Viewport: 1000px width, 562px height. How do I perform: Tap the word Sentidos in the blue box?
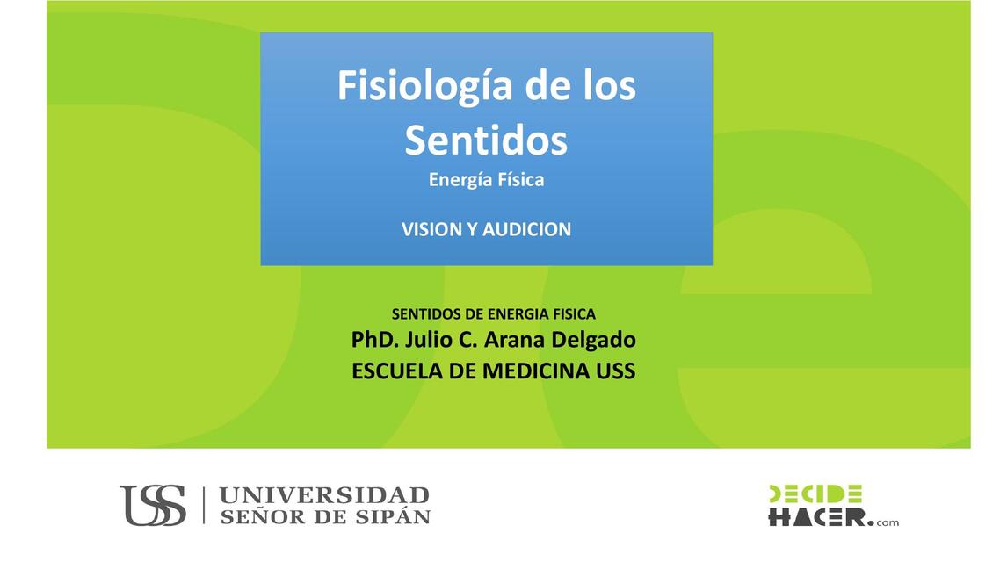click(x=486, y=140)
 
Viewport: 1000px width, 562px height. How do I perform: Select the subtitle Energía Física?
click(x=486, y=180)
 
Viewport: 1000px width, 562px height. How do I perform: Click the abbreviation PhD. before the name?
click(x=375, y=340)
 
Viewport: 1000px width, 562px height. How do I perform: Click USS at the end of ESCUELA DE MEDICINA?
click(x=615, y=371)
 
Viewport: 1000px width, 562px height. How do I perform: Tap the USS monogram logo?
click(x=153, y=506)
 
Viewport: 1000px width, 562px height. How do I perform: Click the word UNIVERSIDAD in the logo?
click(x=324, y=495)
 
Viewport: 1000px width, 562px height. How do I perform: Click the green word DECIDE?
click(x=815, y=494)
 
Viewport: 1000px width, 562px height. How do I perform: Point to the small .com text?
click(x=887, y=522)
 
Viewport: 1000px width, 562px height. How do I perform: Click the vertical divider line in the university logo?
click(x=204, y=506)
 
